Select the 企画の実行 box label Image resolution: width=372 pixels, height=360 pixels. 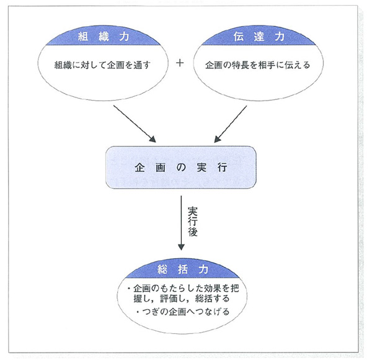tap(180, 168)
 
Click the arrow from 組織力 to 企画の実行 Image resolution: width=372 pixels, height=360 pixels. tap(135, 124)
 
